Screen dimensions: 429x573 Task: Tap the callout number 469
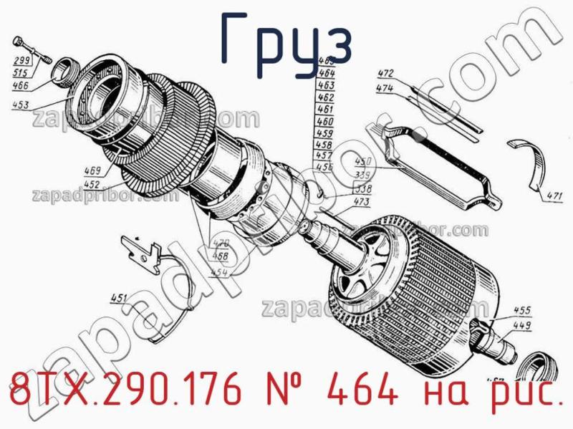[92, 171]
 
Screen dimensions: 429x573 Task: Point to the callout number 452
[92, 183]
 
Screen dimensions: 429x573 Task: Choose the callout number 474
[385, 88]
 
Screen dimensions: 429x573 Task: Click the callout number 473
[361, 203]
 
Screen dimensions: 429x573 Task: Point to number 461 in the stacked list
[325, 110]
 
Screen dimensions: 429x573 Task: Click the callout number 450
[364, 162]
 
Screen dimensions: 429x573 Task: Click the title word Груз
[286, 44]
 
